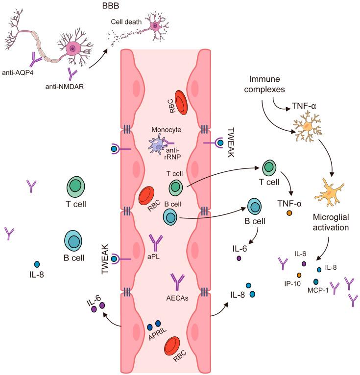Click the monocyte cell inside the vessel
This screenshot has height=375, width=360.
(x=159, y=145)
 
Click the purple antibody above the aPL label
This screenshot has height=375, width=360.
(x=156, y=242)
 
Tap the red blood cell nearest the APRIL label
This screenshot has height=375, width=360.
(x=174, y=348)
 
